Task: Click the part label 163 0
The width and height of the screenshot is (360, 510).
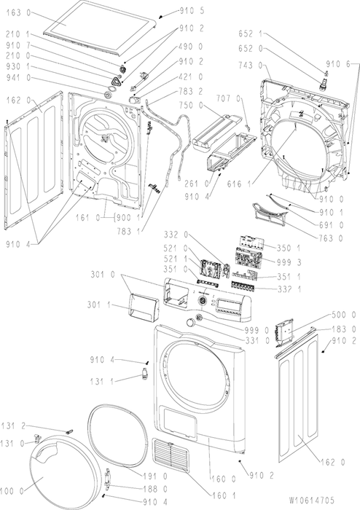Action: click(18, 12)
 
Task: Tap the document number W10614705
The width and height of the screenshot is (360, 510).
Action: click(311, 500)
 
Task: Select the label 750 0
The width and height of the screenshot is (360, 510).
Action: click(191, 106)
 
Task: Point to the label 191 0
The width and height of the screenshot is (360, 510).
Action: click(155, 476)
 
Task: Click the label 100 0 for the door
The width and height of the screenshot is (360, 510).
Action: click(12, 491)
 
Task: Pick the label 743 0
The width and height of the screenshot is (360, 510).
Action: click(251, 66)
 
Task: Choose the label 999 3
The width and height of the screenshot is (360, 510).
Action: click(289, 262)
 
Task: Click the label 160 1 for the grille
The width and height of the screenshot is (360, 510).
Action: click(224, 495)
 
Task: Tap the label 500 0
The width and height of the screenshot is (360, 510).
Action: click(344, 315)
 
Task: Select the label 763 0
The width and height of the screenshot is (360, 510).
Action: click(330, 238)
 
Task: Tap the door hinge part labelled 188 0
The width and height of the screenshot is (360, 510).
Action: click(108, 480)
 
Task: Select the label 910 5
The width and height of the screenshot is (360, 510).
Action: click(192, 12)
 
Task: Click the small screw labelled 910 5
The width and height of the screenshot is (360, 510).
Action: click(161, 16)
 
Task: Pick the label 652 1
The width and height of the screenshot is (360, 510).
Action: click(251, 34)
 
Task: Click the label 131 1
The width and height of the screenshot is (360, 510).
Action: click(102, 381)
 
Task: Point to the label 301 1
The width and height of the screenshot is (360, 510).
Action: click(99, 305)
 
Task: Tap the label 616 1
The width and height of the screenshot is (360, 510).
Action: click(239, 184)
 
